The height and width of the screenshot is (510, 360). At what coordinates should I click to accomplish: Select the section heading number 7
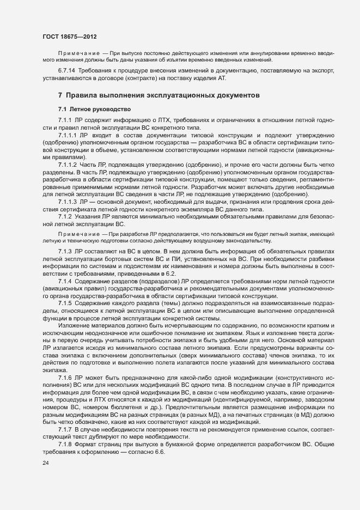tap(60, 94)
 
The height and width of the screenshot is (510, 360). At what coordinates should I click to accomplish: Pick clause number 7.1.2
tap(66, 216)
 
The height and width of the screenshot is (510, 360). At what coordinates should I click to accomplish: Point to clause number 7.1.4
tap(66, 280)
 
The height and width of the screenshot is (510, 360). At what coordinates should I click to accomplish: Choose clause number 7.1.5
tap(66, 302)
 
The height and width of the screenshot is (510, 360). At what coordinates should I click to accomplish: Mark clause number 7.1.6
tap(66, 377)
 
